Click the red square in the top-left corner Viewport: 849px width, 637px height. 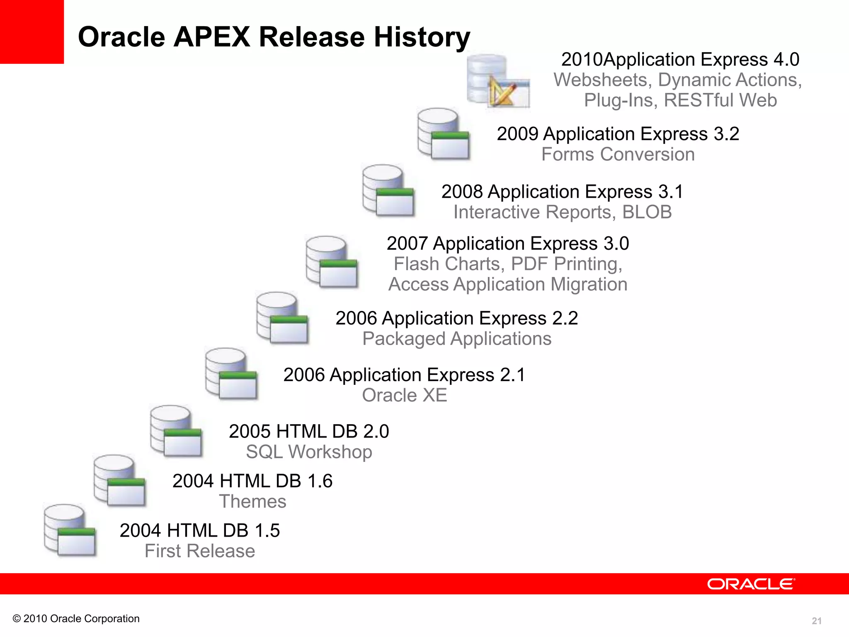click(x=32, y=32)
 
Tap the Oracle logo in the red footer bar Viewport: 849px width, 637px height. click(x=751, y=584)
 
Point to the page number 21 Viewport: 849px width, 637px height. click(x=816, y=621)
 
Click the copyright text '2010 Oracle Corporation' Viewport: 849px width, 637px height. click(x=81, y=618)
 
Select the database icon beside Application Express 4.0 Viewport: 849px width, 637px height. click(x=497, y=81)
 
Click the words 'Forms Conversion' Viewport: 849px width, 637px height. click(x=618, y=154)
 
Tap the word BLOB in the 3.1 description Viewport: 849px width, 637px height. click(x=647, y=212)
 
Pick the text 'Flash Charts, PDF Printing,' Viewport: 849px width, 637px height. click(x=508, y=264)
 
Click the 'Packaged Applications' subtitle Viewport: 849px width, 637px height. click(x=456, y=338)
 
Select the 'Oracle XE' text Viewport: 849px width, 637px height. click(x=404, y=395)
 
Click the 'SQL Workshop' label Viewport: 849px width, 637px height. click(x=309, y=452)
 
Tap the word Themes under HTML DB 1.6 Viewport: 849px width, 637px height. click(x=252, y=501)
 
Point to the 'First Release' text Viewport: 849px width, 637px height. click(x=199, y=551)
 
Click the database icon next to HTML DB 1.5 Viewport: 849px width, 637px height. click(x=70, y=530)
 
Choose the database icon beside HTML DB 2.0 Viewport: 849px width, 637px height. click(x=176, y=431)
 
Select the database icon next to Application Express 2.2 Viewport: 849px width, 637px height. click(x=282, y=318)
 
